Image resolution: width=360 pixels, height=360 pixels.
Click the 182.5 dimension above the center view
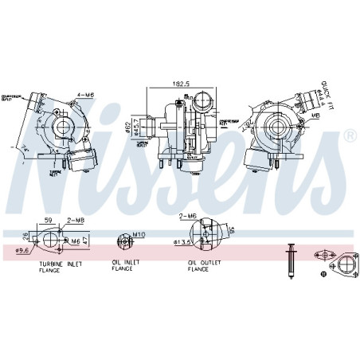click(x=182, y=83)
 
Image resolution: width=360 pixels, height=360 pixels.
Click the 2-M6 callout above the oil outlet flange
click(x=188, y=216)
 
